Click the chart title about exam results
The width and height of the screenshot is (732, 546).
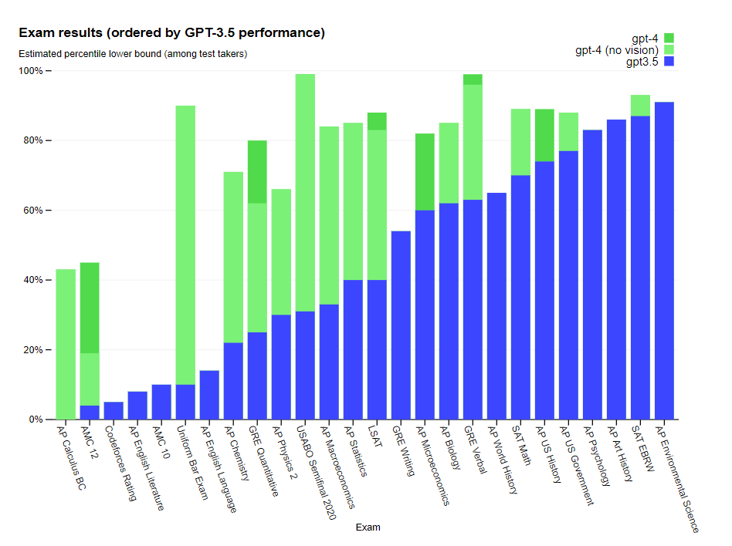tap(171, 33)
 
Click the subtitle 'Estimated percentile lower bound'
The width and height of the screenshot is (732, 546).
tap(132, 54)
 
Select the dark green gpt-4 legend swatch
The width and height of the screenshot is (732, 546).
tap(669, 38)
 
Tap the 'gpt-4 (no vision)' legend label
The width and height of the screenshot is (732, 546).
tap(616, 50)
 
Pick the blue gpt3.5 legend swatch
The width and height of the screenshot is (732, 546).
tap(669, 62)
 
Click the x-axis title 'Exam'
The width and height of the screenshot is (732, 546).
tap(368, 527)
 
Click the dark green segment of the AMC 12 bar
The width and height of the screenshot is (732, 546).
tap(90, 308)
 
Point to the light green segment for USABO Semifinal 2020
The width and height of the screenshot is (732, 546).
tap(305, 193)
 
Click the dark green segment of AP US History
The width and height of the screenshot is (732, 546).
tap(544, 136)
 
